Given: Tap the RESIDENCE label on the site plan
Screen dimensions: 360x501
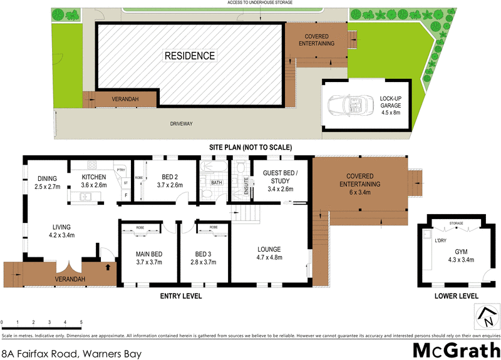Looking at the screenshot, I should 189,56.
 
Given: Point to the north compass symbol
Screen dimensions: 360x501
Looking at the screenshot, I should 485,316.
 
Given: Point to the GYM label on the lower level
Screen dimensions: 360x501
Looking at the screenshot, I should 461,252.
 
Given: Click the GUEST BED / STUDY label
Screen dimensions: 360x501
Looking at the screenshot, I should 279,177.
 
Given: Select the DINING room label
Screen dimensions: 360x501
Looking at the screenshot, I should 46,178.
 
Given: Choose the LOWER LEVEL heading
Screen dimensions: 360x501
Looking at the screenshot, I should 457,296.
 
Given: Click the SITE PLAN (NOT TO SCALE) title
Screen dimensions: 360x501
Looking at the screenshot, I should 250,147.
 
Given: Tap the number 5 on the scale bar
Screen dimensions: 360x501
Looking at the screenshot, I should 81,322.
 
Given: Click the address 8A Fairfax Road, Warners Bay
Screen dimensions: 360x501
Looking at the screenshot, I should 72,354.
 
